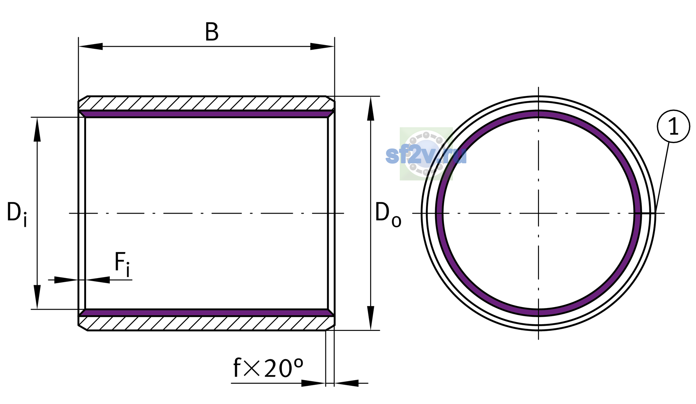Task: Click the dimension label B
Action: click(x=212, y=32)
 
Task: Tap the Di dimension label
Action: click(x=17, y=213)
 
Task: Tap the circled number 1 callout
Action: click(x=673, y=127)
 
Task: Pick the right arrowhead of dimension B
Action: click(x=322, y=46)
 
